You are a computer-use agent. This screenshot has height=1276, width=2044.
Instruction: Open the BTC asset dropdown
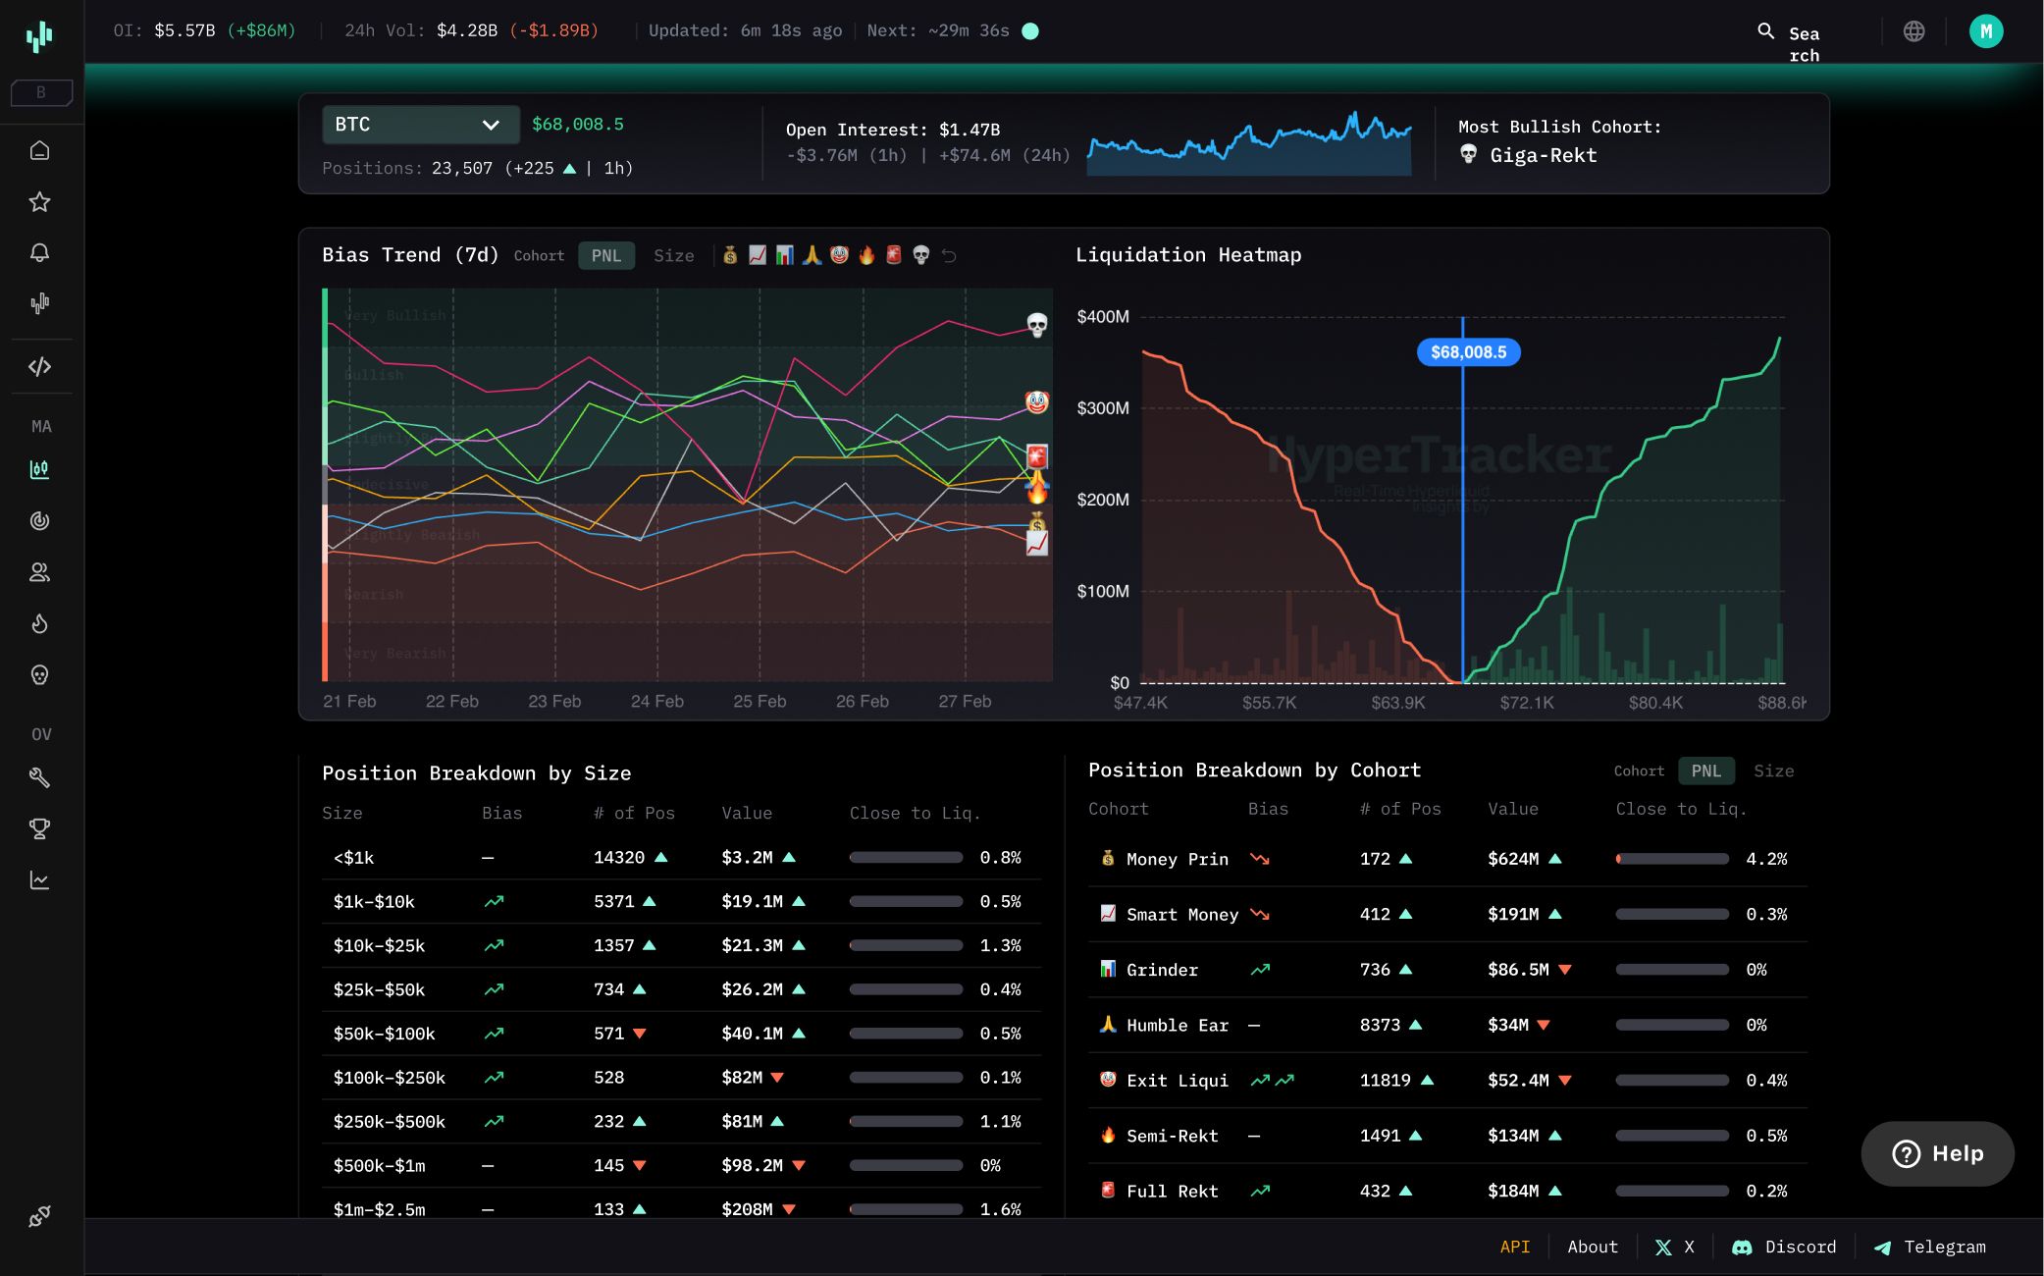point(420,125)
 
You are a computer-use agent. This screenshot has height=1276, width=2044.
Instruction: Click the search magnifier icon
point(1765,31)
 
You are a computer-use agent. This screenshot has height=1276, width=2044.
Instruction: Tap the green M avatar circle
point(1985,31)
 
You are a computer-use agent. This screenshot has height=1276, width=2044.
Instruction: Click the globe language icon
point(1913,31)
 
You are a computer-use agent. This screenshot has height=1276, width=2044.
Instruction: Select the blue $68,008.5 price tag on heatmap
point(1468,352)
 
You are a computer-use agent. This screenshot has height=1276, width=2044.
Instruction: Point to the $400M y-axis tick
point(1103,317)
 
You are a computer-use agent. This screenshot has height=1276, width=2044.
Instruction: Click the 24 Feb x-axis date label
point(656,702)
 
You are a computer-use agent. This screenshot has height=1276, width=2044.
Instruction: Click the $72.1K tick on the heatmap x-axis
point(1527,703)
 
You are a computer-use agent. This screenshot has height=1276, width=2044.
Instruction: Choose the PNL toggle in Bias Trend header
point(605,256)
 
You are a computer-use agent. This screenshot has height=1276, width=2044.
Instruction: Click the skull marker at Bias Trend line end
point(1036,324)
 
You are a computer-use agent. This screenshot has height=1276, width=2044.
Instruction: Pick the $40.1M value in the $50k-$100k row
point(752,1034)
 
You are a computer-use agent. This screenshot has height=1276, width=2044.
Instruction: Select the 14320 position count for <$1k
point(619,858)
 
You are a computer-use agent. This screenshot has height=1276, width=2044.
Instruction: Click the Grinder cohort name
point(1162,970)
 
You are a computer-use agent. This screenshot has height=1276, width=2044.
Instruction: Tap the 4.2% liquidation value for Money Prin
point(1766,859)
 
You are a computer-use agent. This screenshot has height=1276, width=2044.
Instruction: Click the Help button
point(1937,1153)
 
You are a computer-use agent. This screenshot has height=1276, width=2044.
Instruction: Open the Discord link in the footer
point(1785,1248)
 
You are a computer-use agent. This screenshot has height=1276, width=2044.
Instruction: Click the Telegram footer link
point(1930,1248)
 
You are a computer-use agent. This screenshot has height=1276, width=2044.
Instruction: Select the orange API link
point(1514,1248)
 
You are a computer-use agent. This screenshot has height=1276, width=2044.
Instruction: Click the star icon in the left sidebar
point(39,202)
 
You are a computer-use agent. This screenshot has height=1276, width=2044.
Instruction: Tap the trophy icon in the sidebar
point(39,829)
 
